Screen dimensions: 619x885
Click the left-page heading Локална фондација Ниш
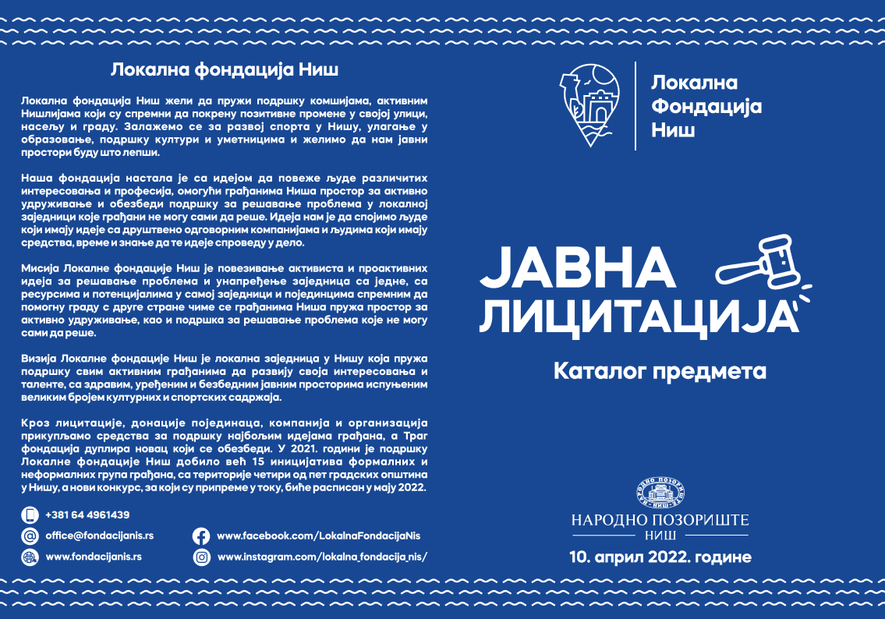click(225, 69)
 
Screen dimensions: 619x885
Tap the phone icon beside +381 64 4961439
click(30, 515)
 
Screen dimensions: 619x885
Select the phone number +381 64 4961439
click(87, 515)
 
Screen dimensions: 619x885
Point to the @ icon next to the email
click(30, 536)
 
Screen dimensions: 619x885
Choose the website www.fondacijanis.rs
click(94, 557)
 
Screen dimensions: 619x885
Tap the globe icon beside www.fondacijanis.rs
click(30, 557)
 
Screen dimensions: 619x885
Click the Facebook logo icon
click(201, 536)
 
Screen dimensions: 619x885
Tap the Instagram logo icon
click(201, 557)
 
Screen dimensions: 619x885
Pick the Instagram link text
click(323, 557)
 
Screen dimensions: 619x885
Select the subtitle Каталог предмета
click(660, 371)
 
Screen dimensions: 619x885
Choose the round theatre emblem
click(660, 491)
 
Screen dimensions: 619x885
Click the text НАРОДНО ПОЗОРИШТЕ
click(660, 520)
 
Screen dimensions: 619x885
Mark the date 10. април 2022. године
click(660, 557)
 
